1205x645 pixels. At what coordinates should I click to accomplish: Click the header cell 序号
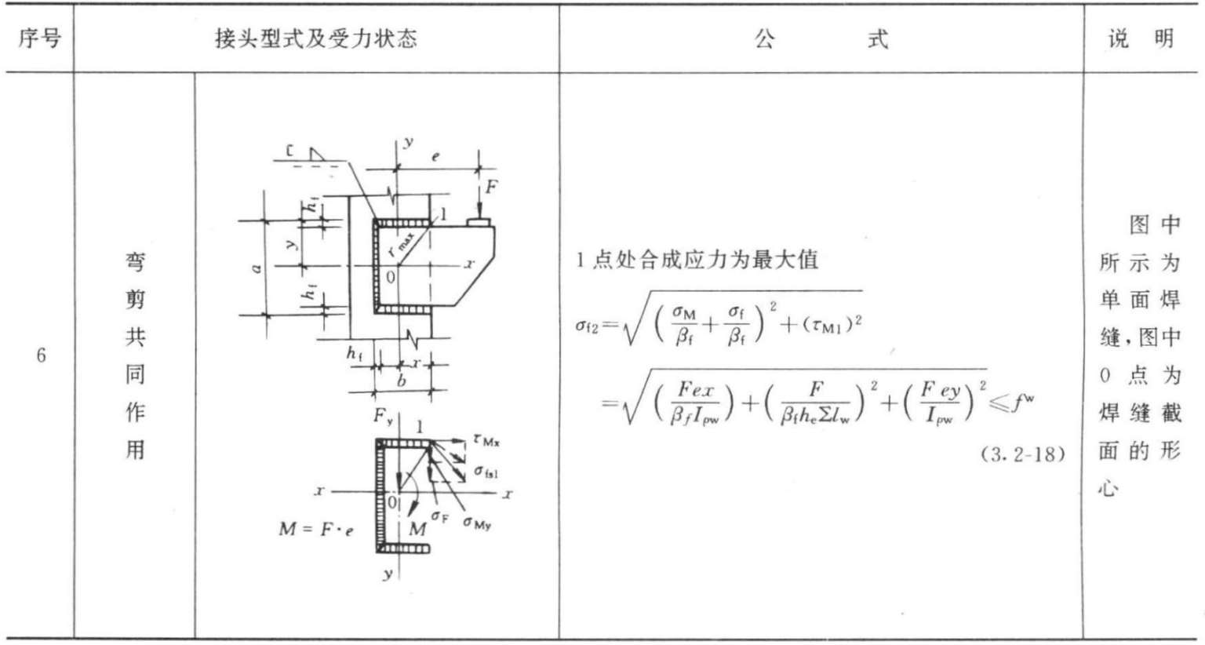click(39, 38)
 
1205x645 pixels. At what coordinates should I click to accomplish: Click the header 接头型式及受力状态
click(315, 38)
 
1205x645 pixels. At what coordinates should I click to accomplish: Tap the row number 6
click(41, 355)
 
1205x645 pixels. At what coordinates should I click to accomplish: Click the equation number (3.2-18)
click(1023, 454)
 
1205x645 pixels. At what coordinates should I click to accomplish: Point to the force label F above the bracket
click(491, 187)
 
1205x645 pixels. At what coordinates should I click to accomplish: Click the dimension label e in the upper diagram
click(435, 157)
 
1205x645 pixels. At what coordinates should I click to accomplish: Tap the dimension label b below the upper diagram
click(402, 381)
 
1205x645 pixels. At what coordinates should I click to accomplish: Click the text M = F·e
click(315, 530)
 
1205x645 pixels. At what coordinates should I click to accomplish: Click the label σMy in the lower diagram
click(477, 523)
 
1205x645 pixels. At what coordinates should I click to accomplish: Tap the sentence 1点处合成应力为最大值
click(697, 260)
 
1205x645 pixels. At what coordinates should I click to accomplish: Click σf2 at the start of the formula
click(587, 325)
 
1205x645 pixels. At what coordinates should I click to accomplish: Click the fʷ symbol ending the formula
click(1023, 403)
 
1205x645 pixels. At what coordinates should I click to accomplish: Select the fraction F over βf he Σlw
click(816, 403)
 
